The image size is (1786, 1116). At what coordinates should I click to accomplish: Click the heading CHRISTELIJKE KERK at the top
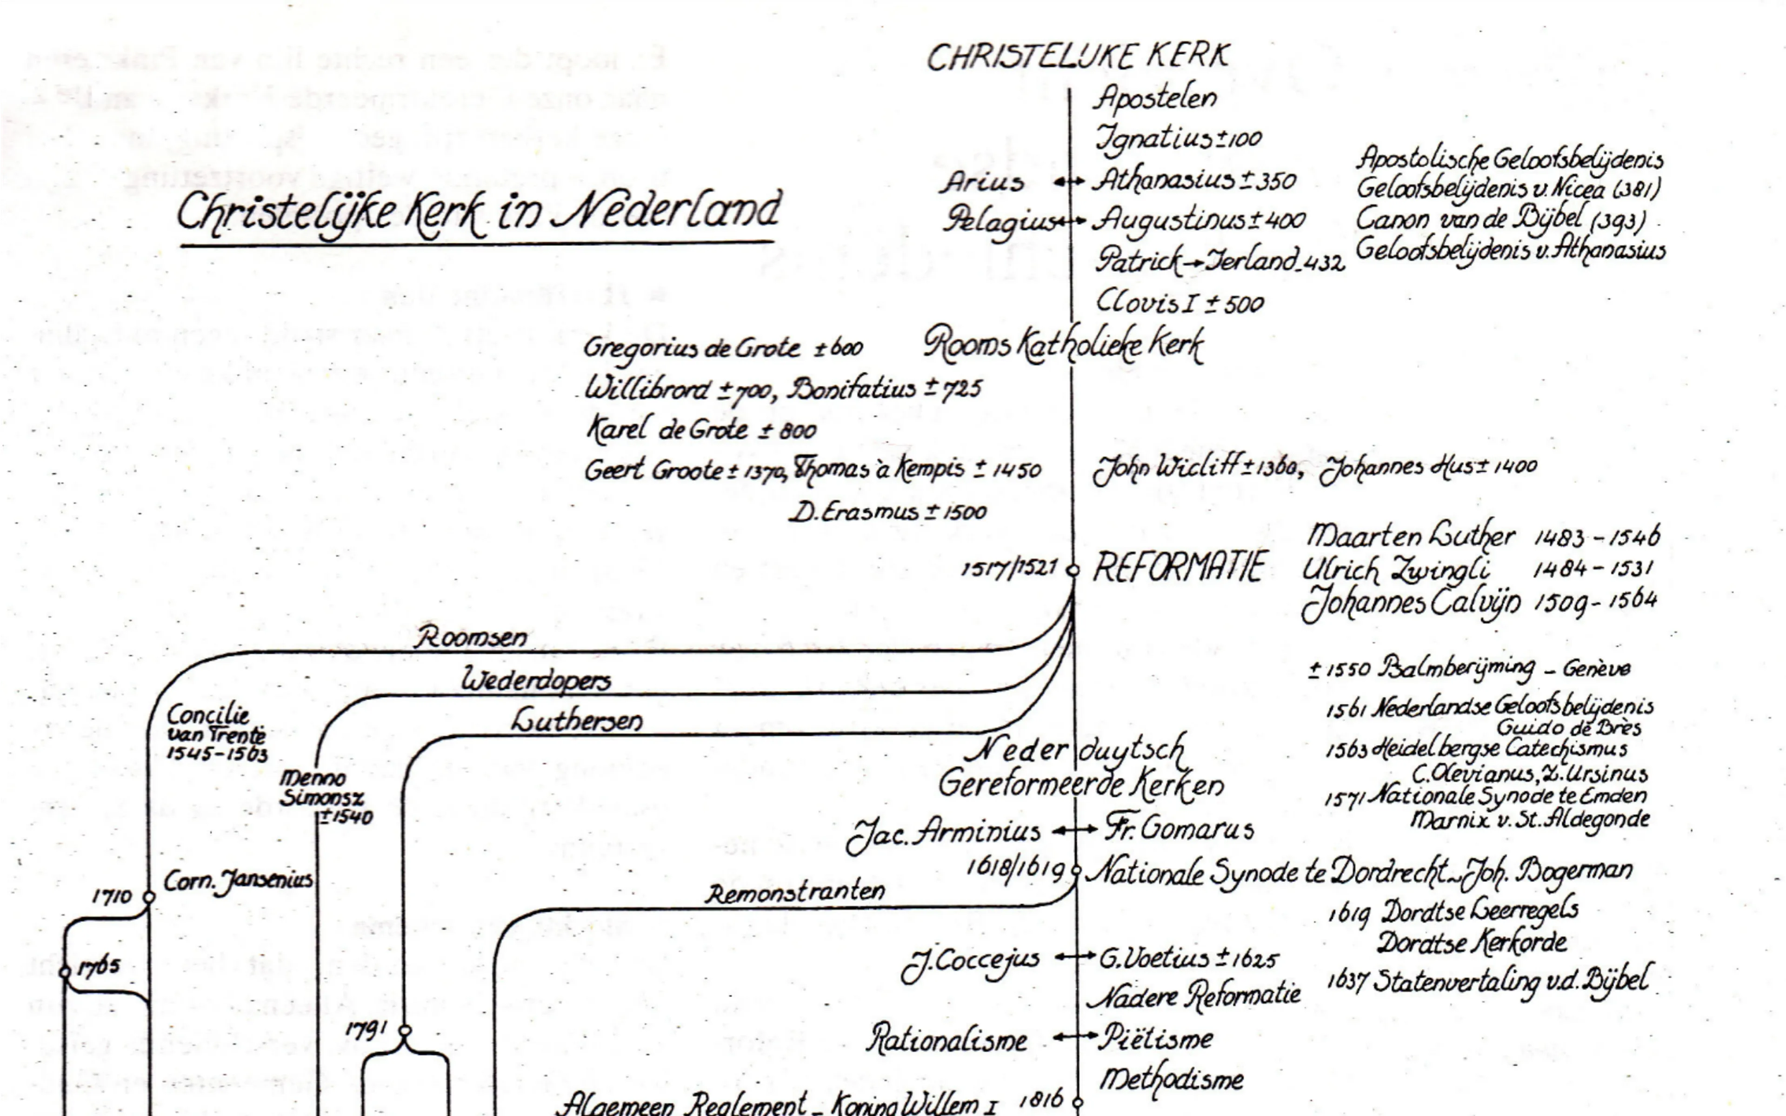(1078, 57)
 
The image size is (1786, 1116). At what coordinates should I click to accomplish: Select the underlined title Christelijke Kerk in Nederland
(478, 212)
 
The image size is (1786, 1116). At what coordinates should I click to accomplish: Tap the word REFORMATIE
(1179, 568)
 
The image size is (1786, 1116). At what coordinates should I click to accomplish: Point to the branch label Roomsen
(470, 637)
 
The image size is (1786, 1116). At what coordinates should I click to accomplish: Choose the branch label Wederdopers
(536, 679)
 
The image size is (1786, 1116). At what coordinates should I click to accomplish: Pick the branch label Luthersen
(576, 720)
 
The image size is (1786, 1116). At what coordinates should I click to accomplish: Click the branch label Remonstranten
(795, 892)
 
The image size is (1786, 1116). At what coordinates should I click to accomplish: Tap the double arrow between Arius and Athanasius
(1069, 181)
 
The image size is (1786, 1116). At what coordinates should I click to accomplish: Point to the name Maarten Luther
(1410, 535)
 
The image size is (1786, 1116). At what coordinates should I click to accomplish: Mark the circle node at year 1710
(148, 897)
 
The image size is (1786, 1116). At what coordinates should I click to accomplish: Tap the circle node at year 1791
(405, 1030)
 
